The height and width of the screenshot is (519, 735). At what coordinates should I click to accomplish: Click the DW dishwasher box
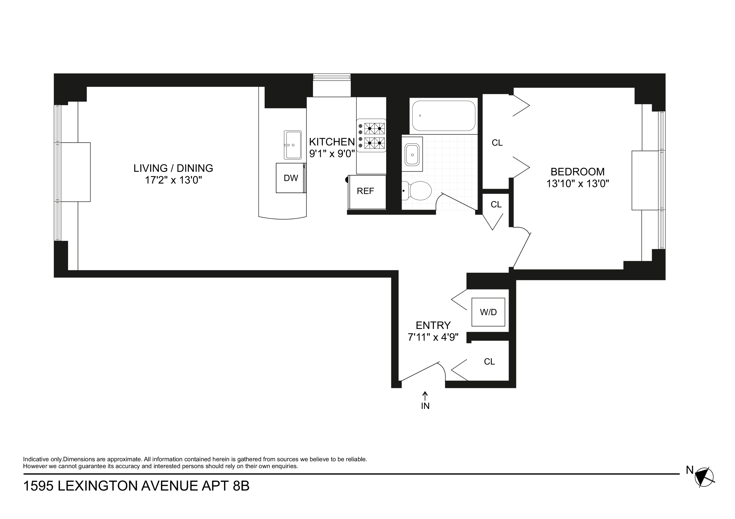291,178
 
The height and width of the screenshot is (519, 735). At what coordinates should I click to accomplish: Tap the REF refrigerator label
365,191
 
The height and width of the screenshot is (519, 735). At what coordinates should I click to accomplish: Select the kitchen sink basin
293,145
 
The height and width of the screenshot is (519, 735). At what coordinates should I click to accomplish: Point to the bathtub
443,116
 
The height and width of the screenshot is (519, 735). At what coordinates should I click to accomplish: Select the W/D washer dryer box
488,312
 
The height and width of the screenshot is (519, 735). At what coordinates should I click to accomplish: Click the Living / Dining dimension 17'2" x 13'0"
173,180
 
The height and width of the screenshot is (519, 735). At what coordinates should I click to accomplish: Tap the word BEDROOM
577,172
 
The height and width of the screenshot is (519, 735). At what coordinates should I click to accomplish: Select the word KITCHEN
332,142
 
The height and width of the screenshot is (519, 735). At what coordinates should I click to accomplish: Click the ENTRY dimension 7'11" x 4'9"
433,337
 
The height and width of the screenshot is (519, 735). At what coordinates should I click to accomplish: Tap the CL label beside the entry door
489,362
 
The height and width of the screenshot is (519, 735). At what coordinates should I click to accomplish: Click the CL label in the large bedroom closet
497,143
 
